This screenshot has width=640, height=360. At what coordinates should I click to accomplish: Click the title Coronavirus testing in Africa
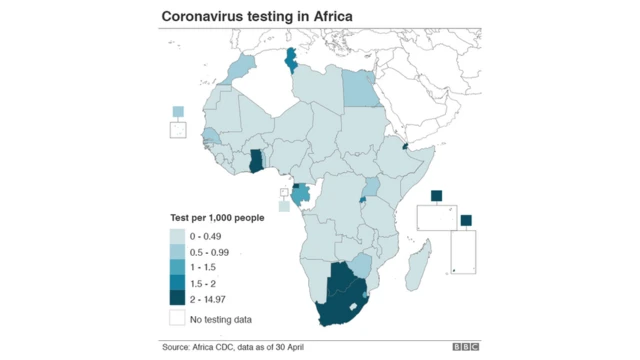pos(257,16)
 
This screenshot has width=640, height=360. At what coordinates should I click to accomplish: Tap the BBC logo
pos(465,347)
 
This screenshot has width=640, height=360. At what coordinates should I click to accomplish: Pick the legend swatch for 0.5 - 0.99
pos(177,252)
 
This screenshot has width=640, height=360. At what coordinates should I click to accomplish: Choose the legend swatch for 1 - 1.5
pos(177,267)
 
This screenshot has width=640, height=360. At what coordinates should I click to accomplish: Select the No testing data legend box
pos(177,319)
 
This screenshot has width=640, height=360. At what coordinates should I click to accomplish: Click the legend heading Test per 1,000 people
pos(216,218)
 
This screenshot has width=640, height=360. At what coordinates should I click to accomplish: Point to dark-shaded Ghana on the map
pos(255,159)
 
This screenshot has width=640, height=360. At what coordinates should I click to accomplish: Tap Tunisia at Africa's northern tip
pos(292,61)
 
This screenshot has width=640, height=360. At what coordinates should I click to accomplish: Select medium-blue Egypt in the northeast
pos(357,88)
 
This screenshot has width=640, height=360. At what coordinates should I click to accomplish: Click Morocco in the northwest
pos(239,71)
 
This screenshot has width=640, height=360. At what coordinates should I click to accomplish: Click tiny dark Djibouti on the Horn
pos(404,146)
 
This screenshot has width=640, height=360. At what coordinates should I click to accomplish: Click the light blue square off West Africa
pos(179,112)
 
